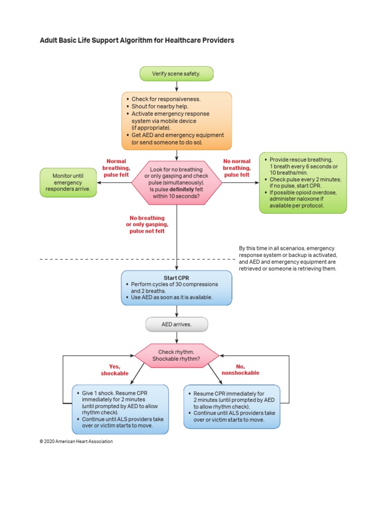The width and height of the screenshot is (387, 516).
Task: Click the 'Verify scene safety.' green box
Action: (x=176, y=74)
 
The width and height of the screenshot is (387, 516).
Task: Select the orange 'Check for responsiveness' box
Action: (x=176, y=120)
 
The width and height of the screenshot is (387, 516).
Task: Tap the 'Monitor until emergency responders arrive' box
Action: (x=68, y=182)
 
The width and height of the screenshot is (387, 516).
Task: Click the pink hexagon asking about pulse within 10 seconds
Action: (x=176, y=182)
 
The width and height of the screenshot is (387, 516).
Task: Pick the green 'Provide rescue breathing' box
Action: (x=302, y=182)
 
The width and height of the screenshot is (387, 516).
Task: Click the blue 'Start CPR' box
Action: (x=176, y=288)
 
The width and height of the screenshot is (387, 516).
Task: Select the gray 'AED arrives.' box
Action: (x=176, y=325)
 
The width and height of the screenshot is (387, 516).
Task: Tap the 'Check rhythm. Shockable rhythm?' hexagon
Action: (x=176, y=355)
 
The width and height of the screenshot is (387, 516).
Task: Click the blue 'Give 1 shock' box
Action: (x=119, y=409)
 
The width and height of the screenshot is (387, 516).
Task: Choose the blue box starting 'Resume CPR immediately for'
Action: (x=231, y=406)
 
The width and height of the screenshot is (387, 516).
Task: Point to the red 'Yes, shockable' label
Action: (x=115, y=370)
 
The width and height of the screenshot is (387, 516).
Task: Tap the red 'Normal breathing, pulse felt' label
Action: (x=116, y=168)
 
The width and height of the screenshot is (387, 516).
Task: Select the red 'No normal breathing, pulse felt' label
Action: (x=236, y=168)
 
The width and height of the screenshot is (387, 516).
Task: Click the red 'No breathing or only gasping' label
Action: (x=147, y=224)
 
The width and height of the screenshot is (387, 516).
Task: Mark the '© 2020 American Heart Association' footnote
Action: (x=76, y=441)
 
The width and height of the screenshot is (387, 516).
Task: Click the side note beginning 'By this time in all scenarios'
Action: (x=287, y=259)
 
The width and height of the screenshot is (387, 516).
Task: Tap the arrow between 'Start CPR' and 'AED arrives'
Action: (x=176, y=311)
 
